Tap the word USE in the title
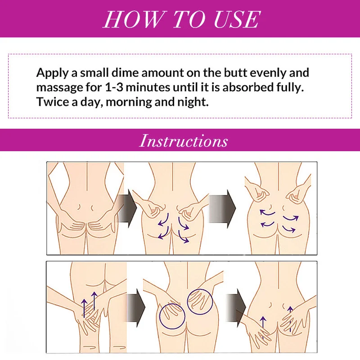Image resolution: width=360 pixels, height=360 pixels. click(x=237, y=19)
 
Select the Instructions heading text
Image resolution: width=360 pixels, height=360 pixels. click(x=184, y=140)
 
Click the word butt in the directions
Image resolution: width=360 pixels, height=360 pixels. click(x=235, y=72)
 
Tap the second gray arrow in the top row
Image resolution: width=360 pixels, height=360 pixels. click(x=222, y=208)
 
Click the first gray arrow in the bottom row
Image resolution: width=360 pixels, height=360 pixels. click(x=136, y=308)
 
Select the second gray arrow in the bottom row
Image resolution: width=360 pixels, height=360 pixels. click(x=236, y=308)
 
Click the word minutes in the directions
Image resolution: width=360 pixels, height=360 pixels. click(x=148, y=87)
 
